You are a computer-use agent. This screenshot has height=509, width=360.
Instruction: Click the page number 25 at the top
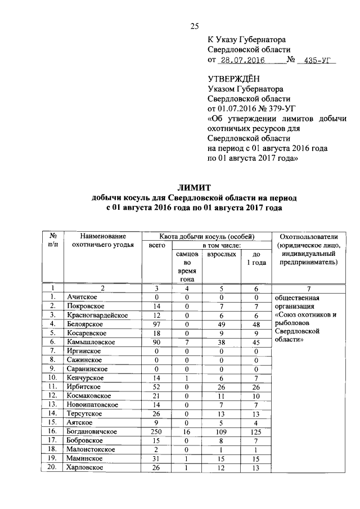pyautogui.click(x=196, y=25)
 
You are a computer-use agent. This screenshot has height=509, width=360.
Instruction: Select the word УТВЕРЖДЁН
pyautogui.click(x=231, y=79)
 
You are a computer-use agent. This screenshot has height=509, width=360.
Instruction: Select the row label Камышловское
pyautogui.click(x=91, y=342)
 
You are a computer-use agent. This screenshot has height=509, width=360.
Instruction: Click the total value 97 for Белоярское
pyautogui.click(x=157, y=324)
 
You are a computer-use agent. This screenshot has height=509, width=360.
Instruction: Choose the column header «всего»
pyautogui.click(x=157, y=246)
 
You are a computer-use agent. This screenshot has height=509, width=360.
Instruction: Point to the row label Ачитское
pyautogui.click(x=82, y=297)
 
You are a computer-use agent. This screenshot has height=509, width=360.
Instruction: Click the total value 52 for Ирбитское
pyautogui.click(x=157, y=386)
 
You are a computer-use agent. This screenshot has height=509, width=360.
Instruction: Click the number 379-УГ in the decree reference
pyautogui.click(x=273, y=109)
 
